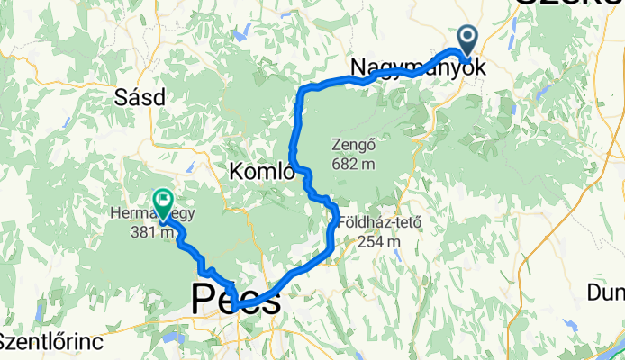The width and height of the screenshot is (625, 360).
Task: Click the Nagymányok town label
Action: [x=417, y=67]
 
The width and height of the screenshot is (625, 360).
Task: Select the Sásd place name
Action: [x=139, y=96]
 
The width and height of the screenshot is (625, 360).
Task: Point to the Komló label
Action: [x=262, y=170]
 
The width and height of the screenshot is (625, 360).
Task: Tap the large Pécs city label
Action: [x=235, y=300]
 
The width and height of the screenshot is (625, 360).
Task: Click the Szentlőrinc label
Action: [x=51, y=342]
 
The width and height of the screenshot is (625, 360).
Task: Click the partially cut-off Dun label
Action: [x=605, y=292]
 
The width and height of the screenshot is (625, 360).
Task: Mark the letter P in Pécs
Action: [x=203, y=300]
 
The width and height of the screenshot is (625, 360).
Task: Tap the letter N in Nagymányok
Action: [x=358, y=67]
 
